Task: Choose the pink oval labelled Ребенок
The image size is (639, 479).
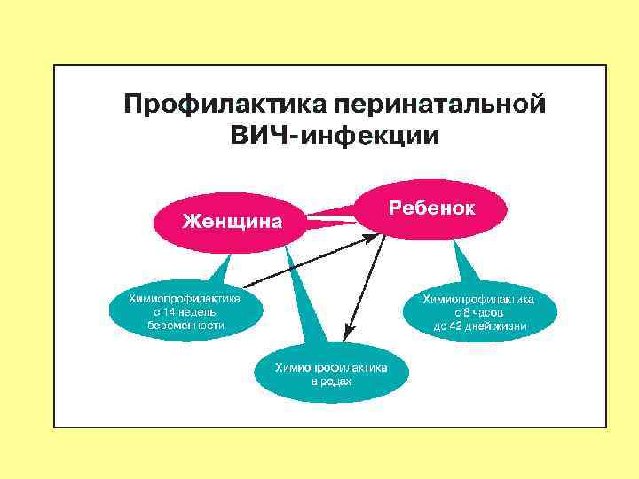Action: [433, 208]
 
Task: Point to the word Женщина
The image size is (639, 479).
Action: [232, 220]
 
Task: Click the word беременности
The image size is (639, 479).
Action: [186, 326]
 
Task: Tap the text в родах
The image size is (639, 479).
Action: [331, 382]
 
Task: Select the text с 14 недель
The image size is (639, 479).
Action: [186, 312]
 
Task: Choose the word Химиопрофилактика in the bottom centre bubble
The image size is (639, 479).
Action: [331, 367]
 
